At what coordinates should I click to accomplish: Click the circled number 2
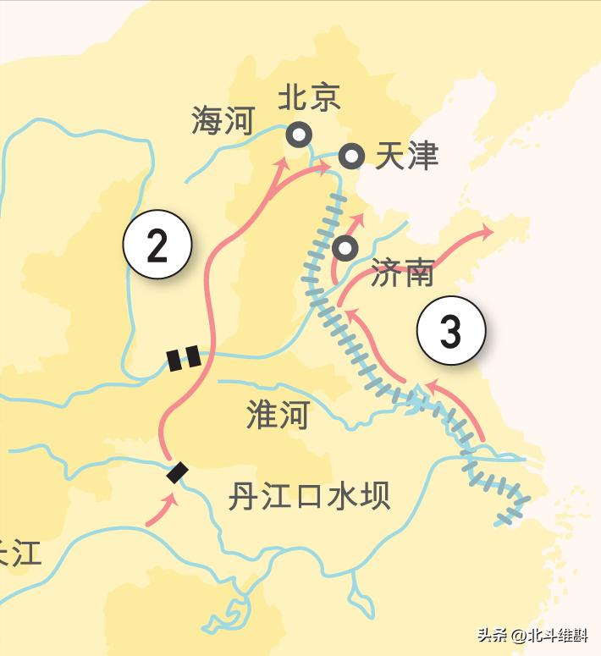(x=157, y=245)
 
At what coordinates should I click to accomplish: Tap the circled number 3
(x=451, y=331)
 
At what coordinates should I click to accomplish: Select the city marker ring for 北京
(x=298, y=135)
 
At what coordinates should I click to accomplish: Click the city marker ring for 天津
(x=351, y=156)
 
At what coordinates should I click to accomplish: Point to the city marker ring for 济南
(x=345, y=248)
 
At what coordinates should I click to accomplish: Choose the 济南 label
(x=403, y=273)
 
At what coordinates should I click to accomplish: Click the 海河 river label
(x=223, y=121)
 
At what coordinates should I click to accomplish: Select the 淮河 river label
(x=278, y=415)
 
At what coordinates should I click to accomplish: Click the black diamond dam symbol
(x=177, y=472)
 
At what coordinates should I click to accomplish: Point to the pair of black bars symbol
(x=185, y=358)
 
